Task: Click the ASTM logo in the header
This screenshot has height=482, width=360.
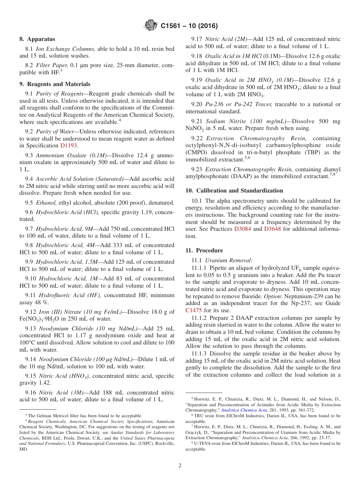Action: click(x=151, y=26)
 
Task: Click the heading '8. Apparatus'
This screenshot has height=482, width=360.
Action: click(x=37, y=39)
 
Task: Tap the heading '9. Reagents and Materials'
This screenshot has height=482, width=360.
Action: click(x=55, y=84)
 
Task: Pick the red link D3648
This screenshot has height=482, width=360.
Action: click(x=272, y=229)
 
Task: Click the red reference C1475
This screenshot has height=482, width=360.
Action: click(x=194, y=310)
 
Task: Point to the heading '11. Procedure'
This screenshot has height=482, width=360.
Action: click(x=204, y=250)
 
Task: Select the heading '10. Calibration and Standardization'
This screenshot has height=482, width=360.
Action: click(x=234, y=191)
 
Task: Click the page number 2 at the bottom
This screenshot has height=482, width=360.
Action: click(x=180, y=465)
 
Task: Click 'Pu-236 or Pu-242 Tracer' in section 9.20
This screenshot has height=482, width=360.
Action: click(x=238, y=104)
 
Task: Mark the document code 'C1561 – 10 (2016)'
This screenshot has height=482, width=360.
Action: click(x=189, y=26)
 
